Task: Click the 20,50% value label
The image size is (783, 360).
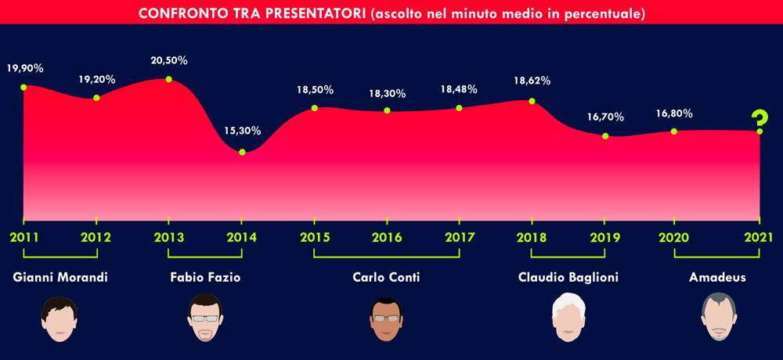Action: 169,61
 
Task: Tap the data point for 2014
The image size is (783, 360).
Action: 242,152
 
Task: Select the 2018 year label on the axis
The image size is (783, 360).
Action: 532,237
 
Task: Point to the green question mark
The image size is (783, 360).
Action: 759,120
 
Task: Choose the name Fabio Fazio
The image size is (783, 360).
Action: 204,278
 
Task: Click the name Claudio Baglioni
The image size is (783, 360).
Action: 568,278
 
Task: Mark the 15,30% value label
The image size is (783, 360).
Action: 242,131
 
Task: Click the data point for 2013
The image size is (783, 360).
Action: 169,79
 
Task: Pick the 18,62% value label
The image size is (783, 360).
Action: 532,81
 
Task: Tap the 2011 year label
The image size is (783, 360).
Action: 23,237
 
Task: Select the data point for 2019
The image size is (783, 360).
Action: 605,136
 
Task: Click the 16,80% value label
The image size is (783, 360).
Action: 674,113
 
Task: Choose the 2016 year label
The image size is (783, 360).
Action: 387,237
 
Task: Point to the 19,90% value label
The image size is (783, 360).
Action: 26,68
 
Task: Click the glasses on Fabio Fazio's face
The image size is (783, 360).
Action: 204,318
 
